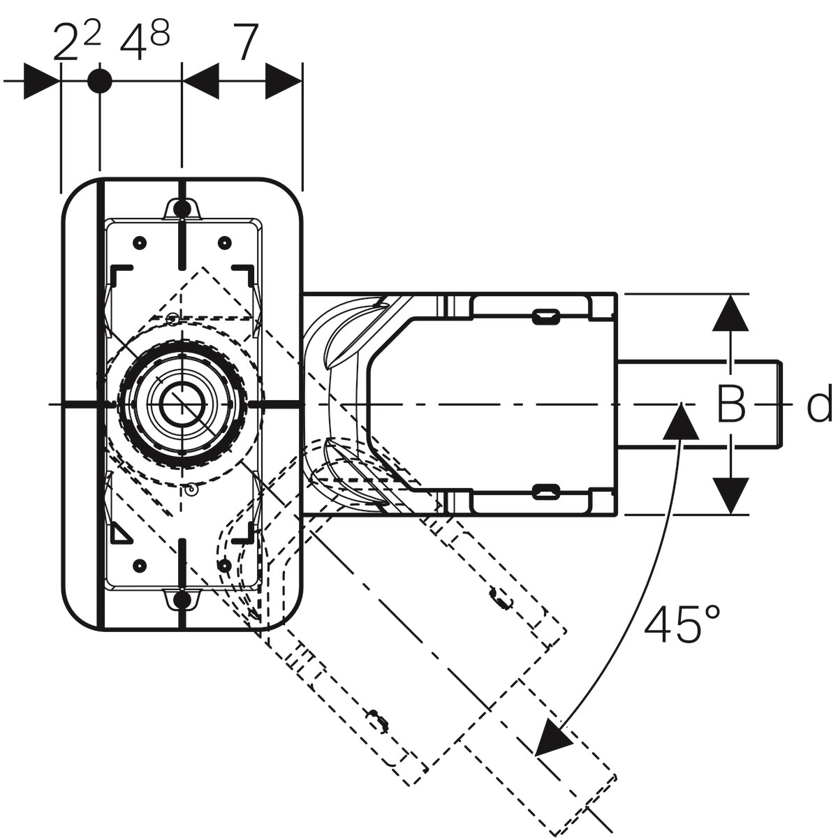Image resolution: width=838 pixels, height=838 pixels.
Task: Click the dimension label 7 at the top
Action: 244,43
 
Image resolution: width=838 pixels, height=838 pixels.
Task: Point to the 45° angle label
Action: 682,624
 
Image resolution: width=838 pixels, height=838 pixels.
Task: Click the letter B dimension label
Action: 731,404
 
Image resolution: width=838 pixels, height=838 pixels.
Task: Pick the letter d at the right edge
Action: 819,405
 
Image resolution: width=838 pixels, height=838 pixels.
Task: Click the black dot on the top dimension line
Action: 100,81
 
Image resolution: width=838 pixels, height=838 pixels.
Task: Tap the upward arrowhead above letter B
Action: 730,312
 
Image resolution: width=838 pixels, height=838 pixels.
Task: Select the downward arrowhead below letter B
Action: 730,495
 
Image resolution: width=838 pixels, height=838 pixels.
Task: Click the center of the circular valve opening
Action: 182,404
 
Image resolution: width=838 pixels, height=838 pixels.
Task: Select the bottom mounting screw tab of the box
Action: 182,599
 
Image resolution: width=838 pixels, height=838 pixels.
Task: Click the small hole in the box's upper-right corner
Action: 224,242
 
